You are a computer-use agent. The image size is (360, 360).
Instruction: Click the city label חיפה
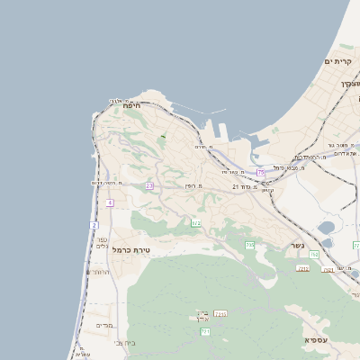[x=132, y=105]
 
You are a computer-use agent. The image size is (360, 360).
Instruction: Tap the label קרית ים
[x=337, y=61]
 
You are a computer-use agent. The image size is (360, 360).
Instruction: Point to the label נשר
[x=297, y=246]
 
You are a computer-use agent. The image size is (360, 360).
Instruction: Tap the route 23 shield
[x=149, y=185]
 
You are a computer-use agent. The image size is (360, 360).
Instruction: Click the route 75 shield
[x=261, y=172]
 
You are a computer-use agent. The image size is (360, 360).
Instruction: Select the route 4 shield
[x=110, y=203]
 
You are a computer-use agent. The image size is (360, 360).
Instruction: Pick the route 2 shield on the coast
[x=94, y=224]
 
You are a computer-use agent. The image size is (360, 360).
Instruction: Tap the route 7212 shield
[x=303, y=268]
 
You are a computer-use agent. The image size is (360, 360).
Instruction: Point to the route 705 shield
[x=250, y=245]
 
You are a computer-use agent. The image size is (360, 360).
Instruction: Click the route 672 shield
[x=195, y=223]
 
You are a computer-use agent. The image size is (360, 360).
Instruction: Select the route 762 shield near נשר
[x=314, y=256]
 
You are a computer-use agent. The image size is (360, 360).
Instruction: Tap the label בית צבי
[x=125, y=343]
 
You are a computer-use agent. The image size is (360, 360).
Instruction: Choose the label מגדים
[x=103, y=325]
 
